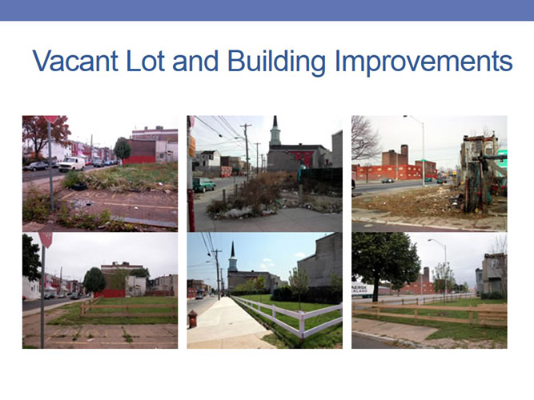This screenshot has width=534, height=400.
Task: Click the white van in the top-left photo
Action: pyautogui.click(x=70, y=163)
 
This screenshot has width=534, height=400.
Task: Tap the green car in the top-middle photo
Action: pyautogui.click(x=203, y=184)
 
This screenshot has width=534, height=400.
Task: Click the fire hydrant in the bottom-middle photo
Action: pyautogui.click(x=192, y=318)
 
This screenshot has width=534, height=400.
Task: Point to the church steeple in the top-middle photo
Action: pyautogui.click(x=275, y=130)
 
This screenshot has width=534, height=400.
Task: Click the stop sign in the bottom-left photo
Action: pyautogui.click(x=46, y=239)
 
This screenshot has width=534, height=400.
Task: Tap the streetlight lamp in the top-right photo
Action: pyautogui.click(x=408, y=118)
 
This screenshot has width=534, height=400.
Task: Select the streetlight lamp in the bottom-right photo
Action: pyautogui.click(x=432, y=241)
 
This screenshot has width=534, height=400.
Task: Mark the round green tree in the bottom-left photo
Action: pyautogui.click(x=94, y=279)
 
